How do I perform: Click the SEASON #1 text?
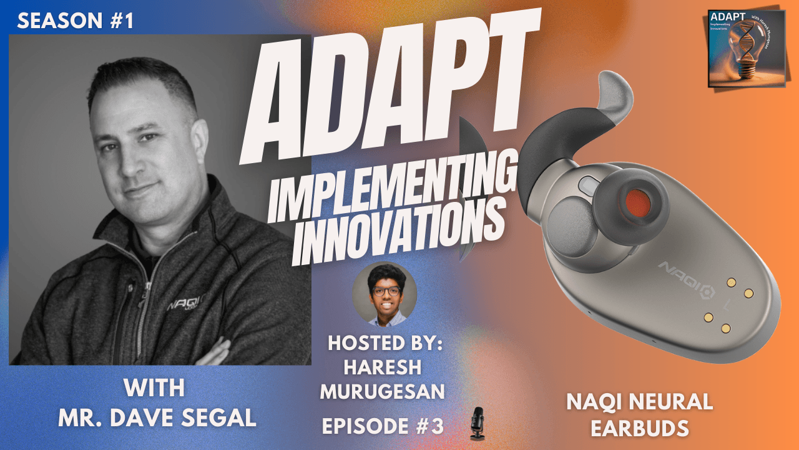click(x=76, y=21)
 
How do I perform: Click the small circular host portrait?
click(x=385, y=294)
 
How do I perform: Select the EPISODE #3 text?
click(x=383, y=426)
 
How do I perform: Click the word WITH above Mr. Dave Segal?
click(x=154, y=389)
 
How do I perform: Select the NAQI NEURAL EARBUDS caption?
click(x=639, y=414)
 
